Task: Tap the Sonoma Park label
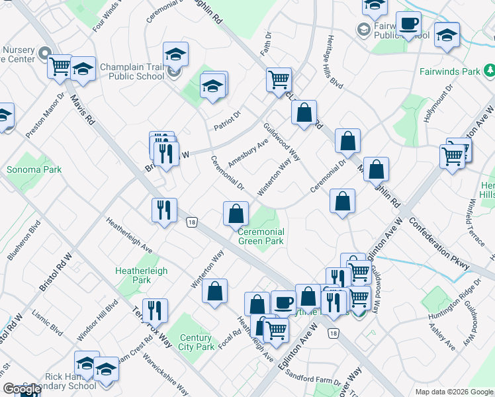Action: [34, 169]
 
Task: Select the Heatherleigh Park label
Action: [142, 275]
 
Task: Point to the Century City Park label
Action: [196, 342]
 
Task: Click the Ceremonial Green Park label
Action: [261, 236]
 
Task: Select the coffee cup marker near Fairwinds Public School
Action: [408, 24]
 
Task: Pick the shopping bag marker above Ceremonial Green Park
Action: [236, 214]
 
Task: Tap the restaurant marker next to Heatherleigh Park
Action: [155, 310]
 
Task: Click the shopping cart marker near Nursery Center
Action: [60, 66]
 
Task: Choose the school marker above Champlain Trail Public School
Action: [176, 54]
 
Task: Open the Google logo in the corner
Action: [21, 389]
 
